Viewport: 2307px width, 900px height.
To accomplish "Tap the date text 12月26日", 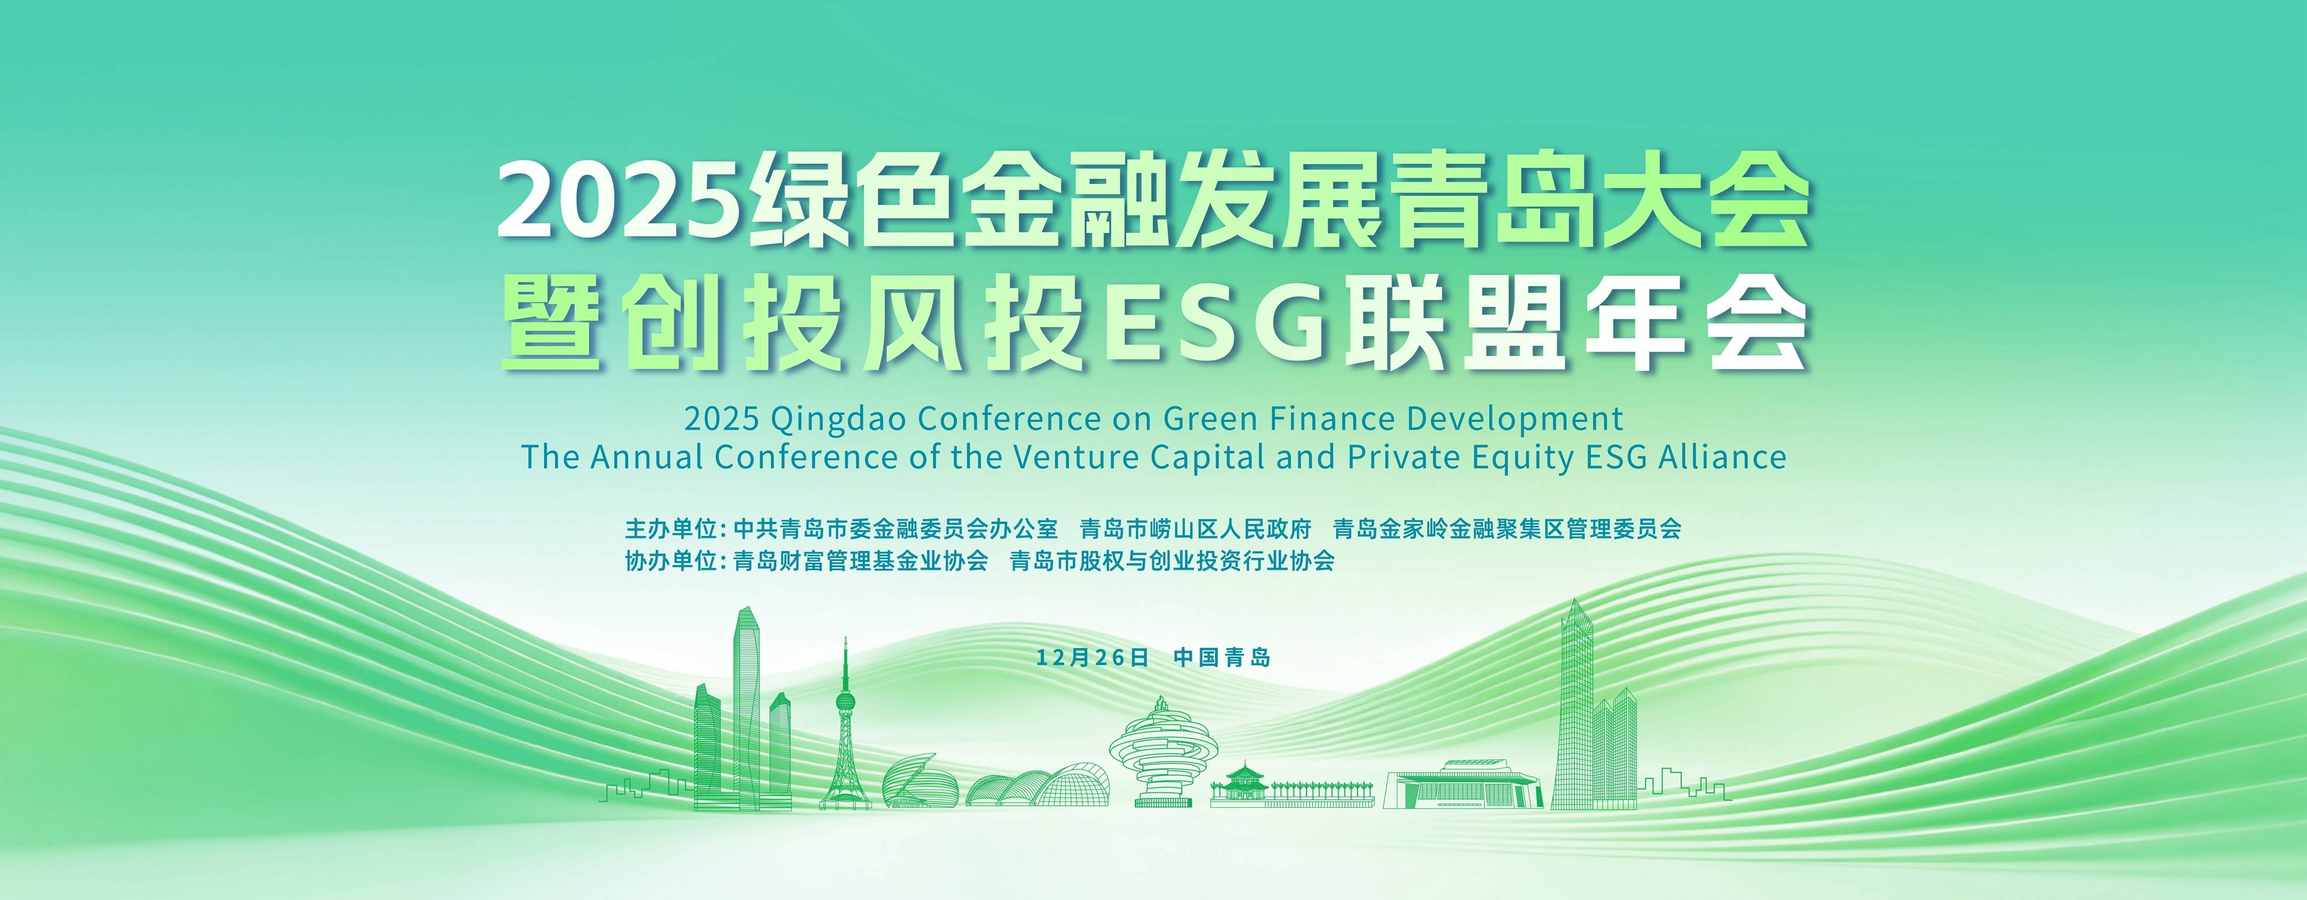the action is pyautogui.click(x=1092, y=657).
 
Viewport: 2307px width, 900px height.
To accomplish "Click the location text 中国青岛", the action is pyautogui.click(x=1222, y=657).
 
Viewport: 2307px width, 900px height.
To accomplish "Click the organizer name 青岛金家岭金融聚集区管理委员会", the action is pyautogui.click(x=1507, y=528).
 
